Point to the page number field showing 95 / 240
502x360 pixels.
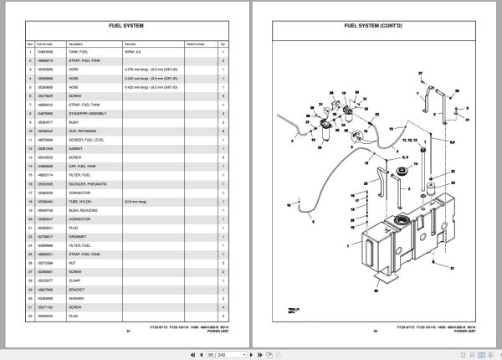point(252,354)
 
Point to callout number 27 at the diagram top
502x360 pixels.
point(418,75)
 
